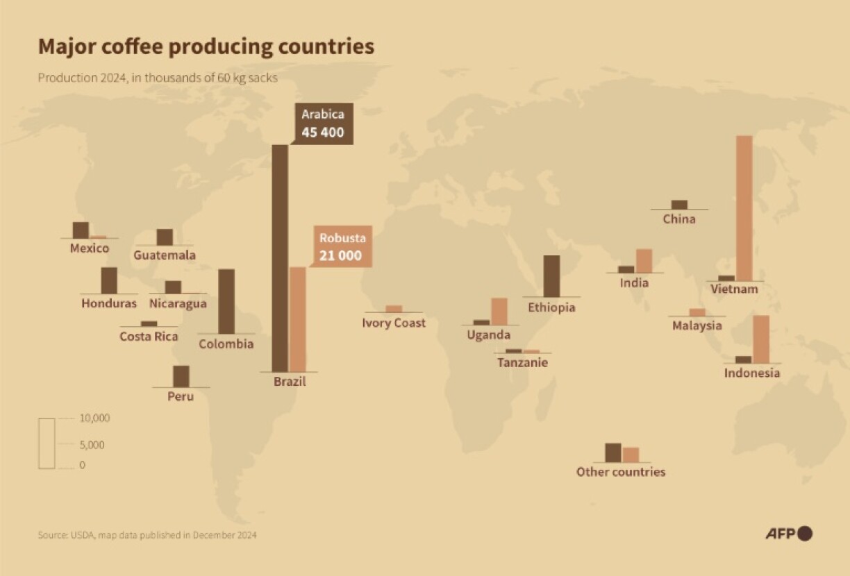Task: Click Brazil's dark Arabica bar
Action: point(280,258)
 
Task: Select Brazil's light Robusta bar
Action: point(297,319)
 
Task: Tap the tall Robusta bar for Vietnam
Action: point(744,208)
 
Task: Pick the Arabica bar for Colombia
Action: point(226,302)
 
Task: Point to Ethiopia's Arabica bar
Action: point(551,276)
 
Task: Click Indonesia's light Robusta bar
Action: point(761,339)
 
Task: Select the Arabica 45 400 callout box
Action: point(323,124)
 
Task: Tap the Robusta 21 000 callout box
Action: point(341,247)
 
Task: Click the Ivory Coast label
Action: point(394,323)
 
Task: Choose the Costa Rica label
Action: point(149,337)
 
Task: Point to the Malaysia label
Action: point(697,325)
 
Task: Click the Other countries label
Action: point(621,472)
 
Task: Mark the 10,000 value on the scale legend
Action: point(94,418)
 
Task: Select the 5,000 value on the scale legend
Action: point(92,445)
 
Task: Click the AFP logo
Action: point(789,533)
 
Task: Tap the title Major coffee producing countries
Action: point(206,46)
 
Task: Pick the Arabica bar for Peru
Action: point(181,376)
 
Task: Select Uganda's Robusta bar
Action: point(499,311)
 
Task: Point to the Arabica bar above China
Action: point(679,205)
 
